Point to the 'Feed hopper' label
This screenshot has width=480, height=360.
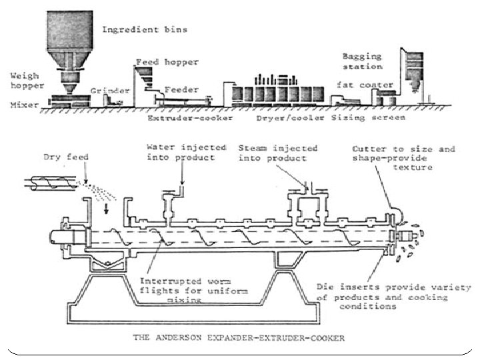(167, 62)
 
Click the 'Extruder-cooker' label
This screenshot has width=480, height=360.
(190, 119)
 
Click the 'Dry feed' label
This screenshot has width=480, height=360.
(66, 158)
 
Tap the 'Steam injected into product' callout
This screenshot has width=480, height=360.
(278, 153)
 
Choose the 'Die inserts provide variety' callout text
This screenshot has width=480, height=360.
(394, 297)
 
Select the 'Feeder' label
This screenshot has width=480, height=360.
(178, 87)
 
